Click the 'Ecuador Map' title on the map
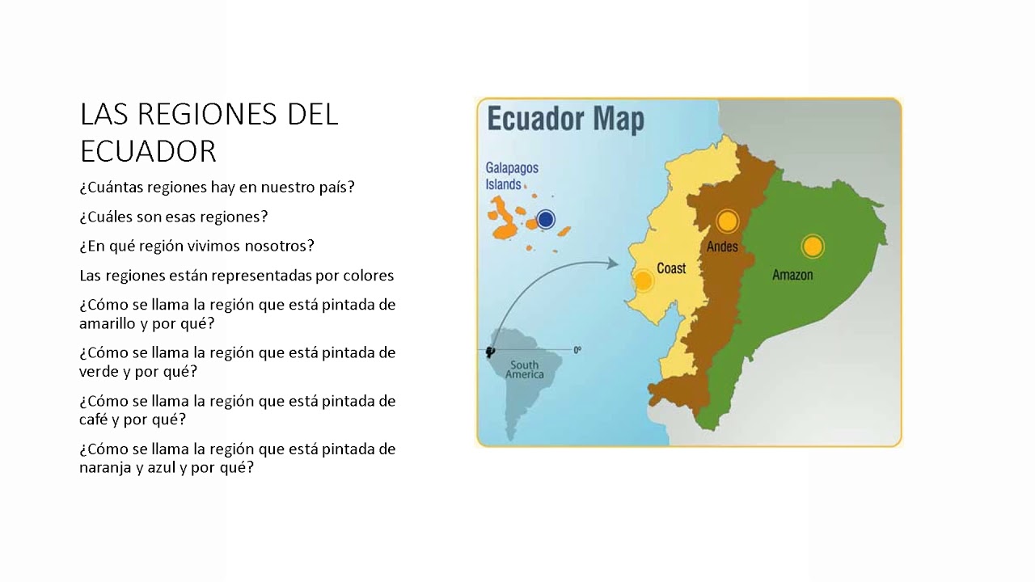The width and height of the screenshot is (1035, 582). (x=565, y=119)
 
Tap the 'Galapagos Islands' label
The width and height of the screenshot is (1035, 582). (x=511, y=176)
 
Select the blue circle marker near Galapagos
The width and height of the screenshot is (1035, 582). (x=546, y=219)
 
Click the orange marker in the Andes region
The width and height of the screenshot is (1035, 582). (x=727, y=221)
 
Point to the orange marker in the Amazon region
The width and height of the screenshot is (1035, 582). (x=812, y=247)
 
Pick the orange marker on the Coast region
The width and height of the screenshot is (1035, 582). (x=643, y=281)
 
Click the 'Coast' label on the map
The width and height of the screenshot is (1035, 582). (x=671, y=268)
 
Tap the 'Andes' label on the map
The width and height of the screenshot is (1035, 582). (x=722, y=247)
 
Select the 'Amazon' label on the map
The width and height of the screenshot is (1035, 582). (x=792, y=275)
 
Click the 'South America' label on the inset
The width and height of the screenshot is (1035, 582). (x=524, y=370)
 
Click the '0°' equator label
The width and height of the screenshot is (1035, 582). (x=577, y=350)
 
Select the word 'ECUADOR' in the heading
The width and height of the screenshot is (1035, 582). (x=148, y=151)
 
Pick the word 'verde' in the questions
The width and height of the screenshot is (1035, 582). (x=99, y=371)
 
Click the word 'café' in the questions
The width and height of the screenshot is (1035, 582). (x=94, y=420)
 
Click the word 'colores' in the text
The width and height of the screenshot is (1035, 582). (x=363, y=276)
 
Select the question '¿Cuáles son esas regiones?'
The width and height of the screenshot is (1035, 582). (x=174, y=217)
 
